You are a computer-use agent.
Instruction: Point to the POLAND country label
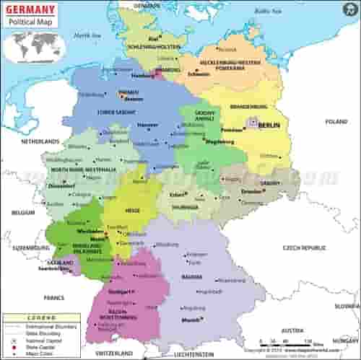tap(336, 122)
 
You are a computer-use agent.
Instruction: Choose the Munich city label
tap(190, 319)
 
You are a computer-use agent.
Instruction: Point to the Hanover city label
tap(149, 124)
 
